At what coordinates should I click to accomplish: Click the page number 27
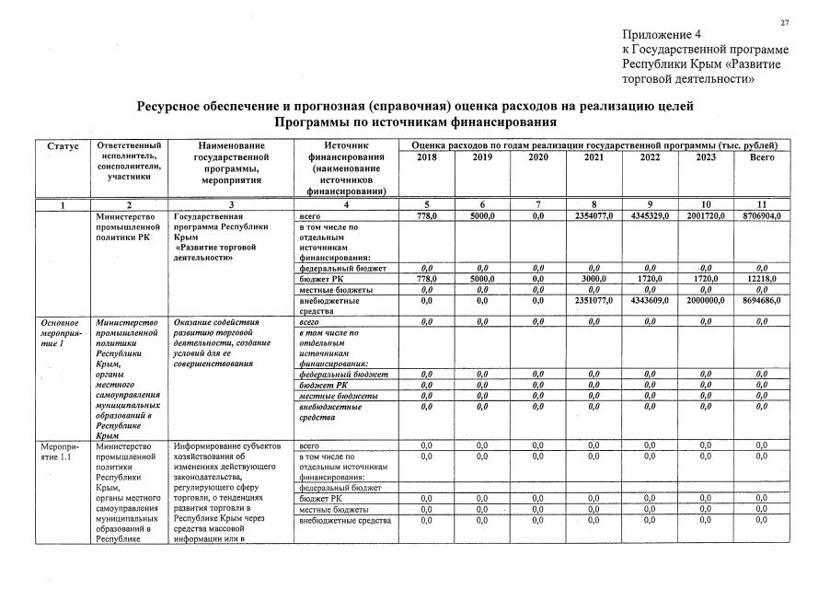point(785,22)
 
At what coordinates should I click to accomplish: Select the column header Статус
point(63,146)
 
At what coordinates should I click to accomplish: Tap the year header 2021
point(594,157)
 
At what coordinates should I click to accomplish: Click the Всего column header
point(762,157)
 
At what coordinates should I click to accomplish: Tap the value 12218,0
point(762,278)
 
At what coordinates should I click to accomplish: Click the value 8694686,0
point(762,300)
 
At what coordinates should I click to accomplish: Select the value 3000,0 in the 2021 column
point(594,278)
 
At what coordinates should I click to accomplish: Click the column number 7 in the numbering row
point(537,204)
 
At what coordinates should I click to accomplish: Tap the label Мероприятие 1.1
point(63,454)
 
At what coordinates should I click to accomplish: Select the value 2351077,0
point(594,300)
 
